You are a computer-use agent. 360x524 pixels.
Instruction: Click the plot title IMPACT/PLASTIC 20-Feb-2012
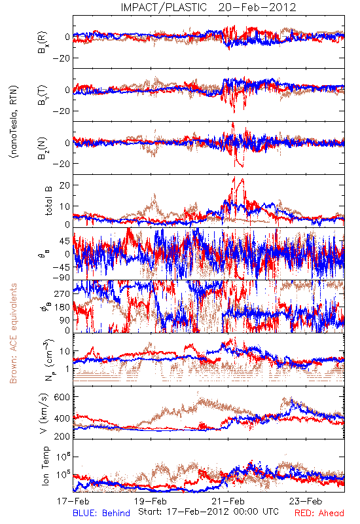[x=208, y=7]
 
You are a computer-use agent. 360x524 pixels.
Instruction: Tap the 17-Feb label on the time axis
[x=73, y=501]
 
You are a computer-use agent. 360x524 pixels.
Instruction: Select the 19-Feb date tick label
[x=151, y=501]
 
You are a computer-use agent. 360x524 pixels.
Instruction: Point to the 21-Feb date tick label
[x=228, y=501]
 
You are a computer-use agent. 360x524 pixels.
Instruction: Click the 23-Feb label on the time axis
[x=306, y=501]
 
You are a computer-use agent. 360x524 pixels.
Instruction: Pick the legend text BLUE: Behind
[x=101, y=513]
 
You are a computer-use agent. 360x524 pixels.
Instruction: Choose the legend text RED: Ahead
[x=319, y=513]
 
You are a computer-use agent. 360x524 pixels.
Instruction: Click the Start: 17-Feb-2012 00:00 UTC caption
[x=208, y=512]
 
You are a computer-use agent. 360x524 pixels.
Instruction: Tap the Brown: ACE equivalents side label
[x=13, y=333]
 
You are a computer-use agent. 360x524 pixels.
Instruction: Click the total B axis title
[x=48, y=201]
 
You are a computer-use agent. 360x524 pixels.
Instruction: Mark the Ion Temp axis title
[x=45, y=466]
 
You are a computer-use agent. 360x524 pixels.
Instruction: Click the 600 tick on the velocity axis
[x=62, y=397]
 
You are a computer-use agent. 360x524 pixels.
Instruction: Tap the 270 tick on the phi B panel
[x=62, y=293]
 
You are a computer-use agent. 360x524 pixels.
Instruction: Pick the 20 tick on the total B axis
[x=65, y=185]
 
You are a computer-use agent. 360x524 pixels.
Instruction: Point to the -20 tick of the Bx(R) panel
[x=61, y=58]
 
